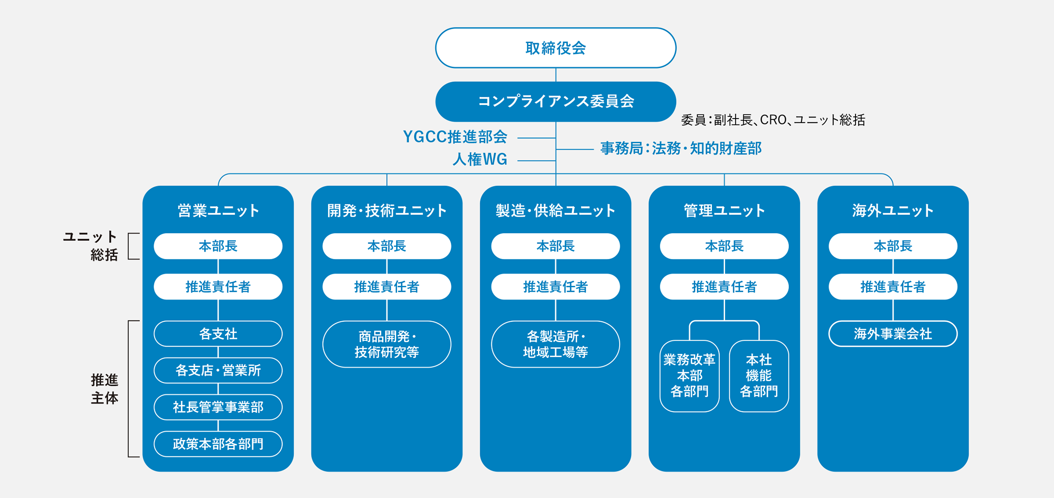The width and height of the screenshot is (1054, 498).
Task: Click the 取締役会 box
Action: tap(556, 48)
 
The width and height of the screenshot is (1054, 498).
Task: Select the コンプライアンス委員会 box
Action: tap(556, 101)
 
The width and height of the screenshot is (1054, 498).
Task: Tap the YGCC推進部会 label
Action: tap(455, 137)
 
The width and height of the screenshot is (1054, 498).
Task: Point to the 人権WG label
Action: tap(480, 159)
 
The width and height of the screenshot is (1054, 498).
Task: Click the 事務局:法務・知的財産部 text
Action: tap(681, 149)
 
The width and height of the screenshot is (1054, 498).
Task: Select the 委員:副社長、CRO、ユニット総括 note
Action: tap(773, 120)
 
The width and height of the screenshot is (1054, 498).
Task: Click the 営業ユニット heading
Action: tap(218, 210)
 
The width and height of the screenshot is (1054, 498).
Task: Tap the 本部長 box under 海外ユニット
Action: tap(893, 246)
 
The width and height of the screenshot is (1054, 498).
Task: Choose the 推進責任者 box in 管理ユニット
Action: tap(724, 287)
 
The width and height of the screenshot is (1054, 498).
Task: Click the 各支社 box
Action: tap(218, 334)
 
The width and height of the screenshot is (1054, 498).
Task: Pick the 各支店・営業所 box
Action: tap(218, 370)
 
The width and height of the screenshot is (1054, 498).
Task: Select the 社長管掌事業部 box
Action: tap(218, 407)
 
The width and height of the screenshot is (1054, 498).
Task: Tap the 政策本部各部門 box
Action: tap(218, 444)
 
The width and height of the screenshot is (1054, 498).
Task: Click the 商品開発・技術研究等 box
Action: tap(387, 344)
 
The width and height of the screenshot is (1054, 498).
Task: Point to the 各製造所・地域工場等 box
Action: tap(556, 344)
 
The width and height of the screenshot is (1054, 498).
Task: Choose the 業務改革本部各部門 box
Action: tap(690, 376)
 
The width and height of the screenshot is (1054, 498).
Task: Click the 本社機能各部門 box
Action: tap(759, 376)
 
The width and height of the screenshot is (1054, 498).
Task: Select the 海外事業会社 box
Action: tap(893, 334)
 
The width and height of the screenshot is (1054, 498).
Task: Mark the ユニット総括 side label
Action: tap(90, 246)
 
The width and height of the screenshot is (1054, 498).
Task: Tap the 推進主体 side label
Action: tap(104, 389)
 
